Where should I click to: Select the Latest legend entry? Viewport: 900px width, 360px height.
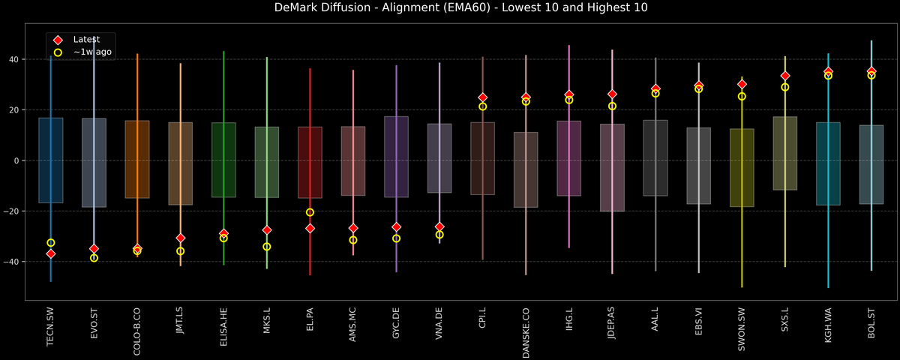tap(83, 39)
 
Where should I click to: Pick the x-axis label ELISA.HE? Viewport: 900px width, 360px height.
tap(223, 329)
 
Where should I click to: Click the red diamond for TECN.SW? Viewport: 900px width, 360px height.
tap(50, 254)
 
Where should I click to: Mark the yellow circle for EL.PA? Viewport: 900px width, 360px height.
tap(310, 212)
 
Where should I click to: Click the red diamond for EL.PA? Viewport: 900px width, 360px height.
tap(310, 228)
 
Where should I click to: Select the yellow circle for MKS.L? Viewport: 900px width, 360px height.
tap(267, 247)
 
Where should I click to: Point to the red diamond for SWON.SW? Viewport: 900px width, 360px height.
tap(742, 85)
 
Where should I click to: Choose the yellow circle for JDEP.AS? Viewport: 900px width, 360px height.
tap(612, 106)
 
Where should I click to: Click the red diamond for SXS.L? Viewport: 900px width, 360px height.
tap(785, 76)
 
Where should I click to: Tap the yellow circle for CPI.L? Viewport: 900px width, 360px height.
tap(482, 106)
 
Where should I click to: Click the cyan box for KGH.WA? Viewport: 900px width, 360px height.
tap(828, 163)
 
